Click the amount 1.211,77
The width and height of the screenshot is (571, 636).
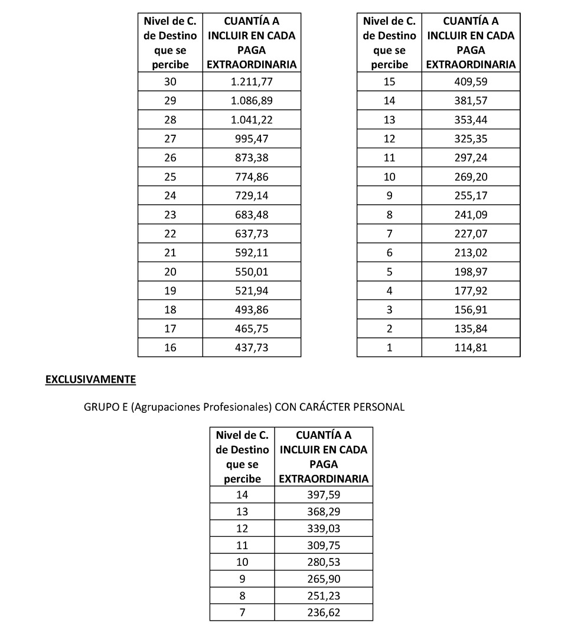click(x=252, y=82)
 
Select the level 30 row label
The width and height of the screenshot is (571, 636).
click(x=170, y=82)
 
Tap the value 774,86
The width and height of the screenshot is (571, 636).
click(x=252, y=177)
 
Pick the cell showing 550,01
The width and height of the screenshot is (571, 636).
click(x=252, y=272)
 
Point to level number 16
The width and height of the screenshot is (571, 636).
click(x=170, y=348)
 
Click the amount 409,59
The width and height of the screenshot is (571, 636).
click(x=471, y=82)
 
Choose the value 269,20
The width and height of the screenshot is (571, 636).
click(x=471, y=177)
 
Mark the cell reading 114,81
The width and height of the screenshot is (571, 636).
click(x=471, y=348)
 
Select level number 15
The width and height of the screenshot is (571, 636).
click(x=389, y=82)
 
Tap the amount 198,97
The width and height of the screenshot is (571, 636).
click(x=471, y=272)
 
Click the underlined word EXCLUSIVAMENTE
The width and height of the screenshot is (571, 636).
click(x=90, y=379)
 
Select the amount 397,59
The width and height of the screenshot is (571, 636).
click(x=324, y=494)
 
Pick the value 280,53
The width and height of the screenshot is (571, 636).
click(x=324, y=562)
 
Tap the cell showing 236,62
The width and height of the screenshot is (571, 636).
click(x=324, y=612)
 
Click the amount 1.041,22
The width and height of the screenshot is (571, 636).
click(x=252, y=120)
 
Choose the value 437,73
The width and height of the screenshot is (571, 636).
click(x=252, y=348)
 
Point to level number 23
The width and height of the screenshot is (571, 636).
click(x=170, y=214)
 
